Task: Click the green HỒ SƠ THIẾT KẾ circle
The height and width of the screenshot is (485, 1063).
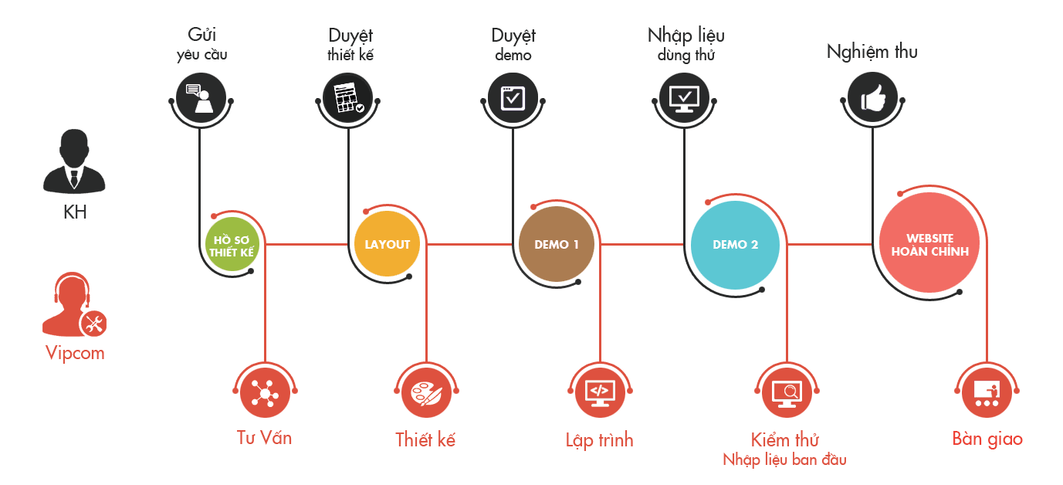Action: tap(232, 245)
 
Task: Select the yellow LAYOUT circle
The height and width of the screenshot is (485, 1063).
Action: tap(388, 244)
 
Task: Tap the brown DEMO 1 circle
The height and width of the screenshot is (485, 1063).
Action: tap(557, 244)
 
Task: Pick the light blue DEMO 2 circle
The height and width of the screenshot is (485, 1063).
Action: tap(735, 244)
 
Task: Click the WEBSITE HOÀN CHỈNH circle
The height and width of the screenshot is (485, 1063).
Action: tap(929, 244)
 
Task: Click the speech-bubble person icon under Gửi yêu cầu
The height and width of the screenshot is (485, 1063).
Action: tap(201, 98)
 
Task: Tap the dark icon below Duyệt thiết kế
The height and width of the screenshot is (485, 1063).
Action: tap(348, 98)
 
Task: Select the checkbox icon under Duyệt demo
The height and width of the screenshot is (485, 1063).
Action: tap(513, 98)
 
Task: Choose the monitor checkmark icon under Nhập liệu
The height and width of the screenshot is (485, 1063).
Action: tap(684, 98)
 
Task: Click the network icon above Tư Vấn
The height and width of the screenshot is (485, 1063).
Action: tap(265, 393)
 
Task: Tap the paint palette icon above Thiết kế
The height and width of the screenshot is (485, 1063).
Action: tap(426, 393)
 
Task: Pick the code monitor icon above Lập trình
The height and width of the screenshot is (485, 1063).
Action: tap(599, 393)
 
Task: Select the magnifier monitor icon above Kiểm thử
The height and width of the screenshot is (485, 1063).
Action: tap(787, 393)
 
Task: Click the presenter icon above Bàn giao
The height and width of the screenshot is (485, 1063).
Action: tap(987, 393)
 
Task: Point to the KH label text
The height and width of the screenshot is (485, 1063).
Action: tap(75, 212)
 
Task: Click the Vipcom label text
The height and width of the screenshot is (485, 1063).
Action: tap(74, 354)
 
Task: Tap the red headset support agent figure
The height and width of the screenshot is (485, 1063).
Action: tap(72, 305)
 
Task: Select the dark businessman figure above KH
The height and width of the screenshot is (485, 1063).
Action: tap(74, 162)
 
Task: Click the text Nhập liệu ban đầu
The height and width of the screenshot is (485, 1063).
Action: tap(784, 460)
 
